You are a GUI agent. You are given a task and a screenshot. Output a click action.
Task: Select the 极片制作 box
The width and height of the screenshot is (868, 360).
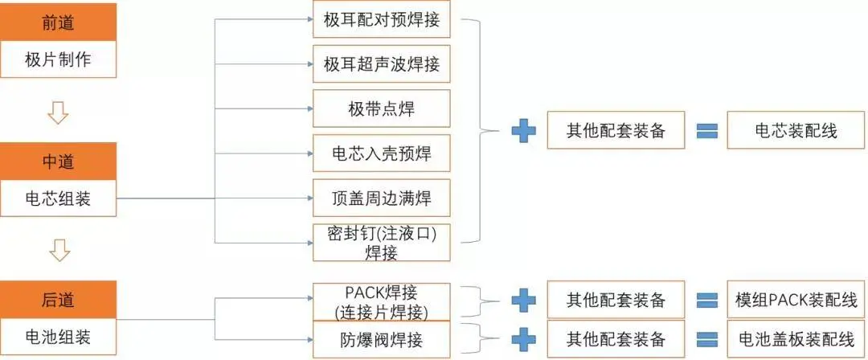[x=59, y=60]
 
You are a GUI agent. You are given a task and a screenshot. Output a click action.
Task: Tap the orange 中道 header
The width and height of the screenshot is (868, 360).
[x=59, y=162]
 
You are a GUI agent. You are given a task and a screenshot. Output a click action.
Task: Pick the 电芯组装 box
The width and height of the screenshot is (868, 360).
[x=59, y=198]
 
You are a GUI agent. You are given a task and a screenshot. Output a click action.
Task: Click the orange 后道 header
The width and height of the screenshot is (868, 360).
[x=59, y=300]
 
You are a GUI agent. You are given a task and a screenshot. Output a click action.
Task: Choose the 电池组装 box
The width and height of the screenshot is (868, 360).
[x=59, y=337]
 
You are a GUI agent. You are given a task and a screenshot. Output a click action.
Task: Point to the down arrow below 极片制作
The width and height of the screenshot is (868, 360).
[x=59, y=115]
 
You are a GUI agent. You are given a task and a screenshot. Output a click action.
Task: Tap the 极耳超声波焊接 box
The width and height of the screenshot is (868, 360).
[x=381, y=65]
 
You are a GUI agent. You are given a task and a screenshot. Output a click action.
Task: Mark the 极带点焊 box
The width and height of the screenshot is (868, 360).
[x=381, y=108]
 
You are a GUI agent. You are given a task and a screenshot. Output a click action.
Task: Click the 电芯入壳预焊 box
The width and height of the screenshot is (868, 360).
[x=381, y=153]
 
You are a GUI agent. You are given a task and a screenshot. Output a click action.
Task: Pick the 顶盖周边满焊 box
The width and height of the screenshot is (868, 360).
[x=381, y=197]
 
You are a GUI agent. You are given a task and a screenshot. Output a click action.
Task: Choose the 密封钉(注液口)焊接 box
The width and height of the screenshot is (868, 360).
[x=381, y=242]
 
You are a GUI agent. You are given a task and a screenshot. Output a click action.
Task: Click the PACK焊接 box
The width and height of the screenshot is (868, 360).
[x=381, y=301]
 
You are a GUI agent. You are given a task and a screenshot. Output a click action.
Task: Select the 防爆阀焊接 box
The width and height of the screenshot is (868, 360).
[x=381, y=338]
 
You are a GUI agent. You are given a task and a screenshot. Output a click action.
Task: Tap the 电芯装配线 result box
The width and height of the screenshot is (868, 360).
[x=796, y=130]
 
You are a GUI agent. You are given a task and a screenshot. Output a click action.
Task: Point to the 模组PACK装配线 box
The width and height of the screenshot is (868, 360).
[x=796, y=301]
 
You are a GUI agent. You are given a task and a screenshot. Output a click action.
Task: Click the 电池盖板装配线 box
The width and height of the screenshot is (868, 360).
[x=796, y=338]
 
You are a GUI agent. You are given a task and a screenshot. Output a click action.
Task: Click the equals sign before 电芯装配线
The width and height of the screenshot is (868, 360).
[x=706, y=130]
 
